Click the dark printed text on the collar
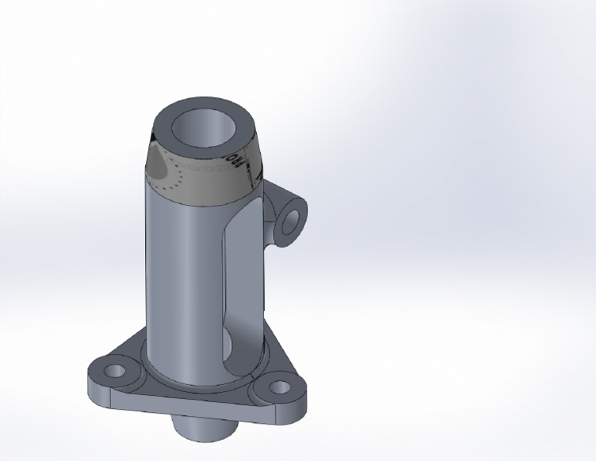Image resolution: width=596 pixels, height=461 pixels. pyautogui.click(x=241, y=164)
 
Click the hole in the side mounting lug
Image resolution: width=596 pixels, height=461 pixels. pyautogui.click(x=291, y=221)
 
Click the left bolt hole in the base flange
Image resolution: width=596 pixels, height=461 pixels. pyautogui.click(x=115, y=370)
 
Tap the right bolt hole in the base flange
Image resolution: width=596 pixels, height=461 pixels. pyautogui.click(x=277, y=388)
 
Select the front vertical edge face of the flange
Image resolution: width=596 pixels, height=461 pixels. pyautogui.click(x=178, y=407)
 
